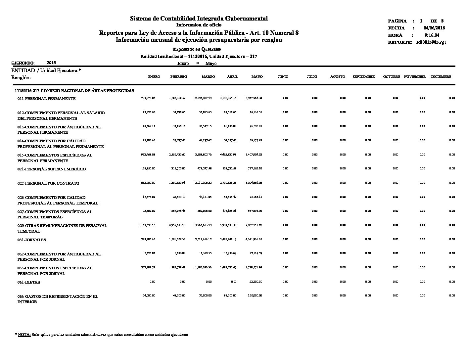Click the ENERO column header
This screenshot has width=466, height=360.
point(154,77)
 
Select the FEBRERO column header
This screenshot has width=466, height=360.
point(179,77)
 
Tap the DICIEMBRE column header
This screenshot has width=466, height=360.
point(441,77)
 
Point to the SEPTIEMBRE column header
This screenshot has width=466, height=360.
point(363,77)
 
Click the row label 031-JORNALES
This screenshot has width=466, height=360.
point(32,240)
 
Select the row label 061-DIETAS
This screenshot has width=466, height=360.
point(29,282)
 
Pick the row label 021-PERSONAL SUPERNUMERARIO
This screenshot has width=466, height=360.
point(52,169)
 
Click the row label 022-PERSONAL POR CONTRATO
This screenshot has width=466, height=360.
point(48,183)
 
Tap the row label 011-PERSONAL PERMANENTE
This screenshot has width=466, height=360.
point(46,99)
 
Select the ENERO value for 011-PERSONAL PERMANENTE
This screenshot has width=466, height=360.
point(148,98)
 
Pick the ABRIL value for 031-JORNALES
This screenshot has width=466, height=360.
point(228,239)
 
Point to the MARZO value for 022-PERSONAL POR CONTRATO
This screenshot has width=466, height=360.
point(203,183)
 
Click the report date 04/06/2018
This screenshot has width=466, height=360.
point(434,28)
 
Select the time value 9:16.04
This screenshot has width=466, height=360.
point(432,35)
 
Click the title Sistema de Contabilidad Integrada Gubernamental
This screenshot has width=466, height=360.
point(199,19)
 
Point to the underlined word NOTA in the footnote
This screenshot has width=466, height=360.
point(24,335)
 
